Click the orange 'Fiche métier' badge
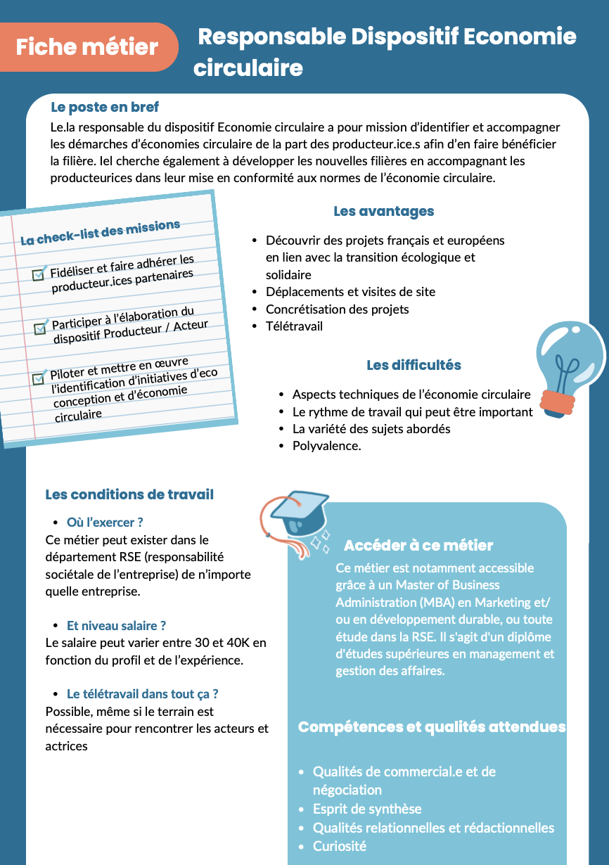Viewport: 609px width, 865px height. (x=87, y=47)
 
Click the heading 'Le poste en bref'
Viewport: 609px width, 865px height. (x=105, y=108)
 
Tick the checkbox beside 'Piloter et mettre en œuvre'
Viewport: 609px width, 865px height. (x=39, y=378)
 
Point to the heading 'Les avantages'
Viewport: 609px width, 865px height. (x=383, y=211)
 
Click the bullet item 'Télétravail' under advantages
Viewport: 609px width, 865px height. (x=294, y=326)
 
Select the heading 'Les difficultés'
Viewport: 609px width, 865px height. (x=414, y=365)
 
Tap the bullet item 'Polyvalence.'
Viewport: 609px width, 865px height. (x=326, y=446)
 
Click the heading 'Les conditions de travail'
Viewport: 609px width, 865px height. (x=129, y=494)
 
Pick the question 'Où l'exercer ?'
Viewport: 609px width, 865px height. (x=105, y=523)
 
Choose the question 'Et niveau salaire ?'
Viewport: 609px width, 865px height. (x=116, y=625)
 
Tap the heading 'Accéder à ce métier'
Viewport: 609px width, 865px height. (x=418, y=546)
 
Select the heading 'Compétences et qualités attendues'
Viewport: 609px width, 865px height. (x=432, y=727)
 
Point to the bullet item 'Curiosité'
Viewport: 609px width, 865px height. (x=340, y=846)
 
